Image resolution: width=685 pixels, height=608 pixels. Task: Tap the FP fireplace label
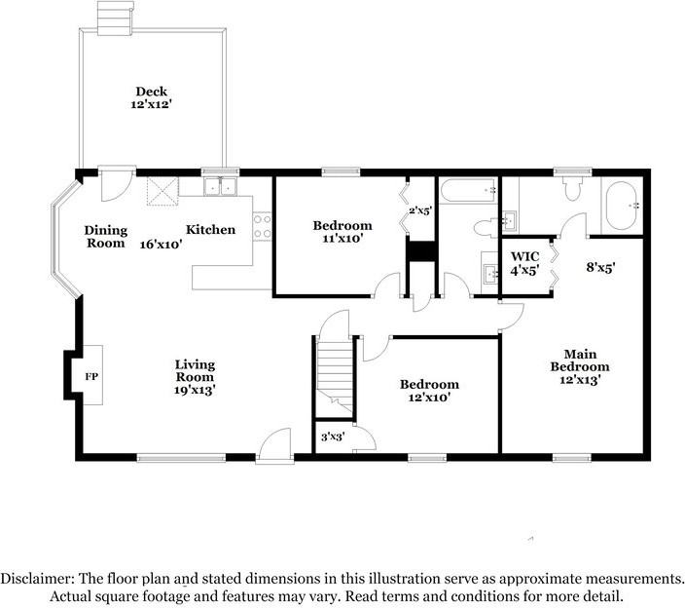[x=90, y=375]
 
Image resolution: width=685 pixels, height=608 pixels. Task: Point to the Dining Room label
[x=104, y=237]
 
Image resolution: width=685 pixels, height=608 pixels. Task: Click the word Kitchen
[x=210, y=230]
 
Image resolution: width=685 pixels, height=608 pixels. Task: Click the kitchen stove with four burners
[x=262, y=227]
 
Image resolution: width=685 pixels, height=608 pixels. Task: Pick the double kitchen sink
[x=222, y=185]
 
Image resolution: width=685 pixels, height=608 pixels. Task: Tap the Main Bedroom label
[x=579, y=366]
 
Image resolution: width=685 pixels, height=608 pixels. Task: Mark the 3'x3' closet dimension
[x=332, y=438]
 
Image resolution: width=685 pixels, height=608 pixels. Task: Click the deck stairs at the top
[x=113, y=18]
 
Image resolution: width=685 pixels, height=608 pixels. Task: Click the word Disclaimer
[x=34, y=578]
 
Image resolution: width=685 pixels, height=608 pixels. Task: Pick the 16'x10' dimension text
[x=161, y=245]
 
